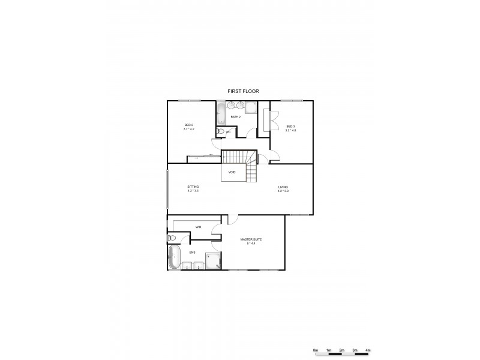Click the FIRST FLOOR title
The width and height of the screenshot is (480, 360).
point(243,91)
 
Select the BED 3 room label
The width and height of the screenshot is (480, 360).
point(290,127)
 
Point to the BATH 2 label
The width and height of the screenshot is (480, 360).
point(235,116)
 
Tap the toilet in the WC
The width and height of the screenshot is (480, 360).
point(220,131)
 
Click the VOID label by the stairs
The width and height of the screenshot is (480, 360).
point(232,172)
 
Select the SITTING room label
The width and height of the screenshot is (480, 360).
point(193,188)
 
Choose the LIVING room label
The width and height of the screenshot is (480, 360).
point(283,188)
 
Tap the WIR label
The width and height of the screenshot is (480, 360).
point(198,227)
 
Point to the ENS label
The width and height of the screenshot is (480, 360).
point(192,253)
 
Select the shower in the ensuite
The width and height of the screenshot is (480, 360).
point(212,261)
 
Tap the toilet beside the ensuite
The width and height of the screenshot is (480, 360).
point(172,238)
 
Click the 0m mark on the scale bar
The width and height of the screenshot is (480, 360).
point(316,349)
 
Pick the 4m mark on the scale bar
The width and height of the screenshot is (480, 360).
point(368,349)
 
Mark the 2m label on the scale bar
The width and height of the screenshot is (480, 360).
point(342,349)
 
